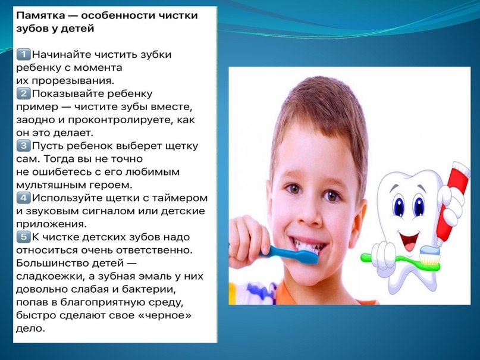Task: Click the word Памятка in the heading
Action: tap(40, 15)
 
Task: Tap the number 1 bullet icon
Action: tap(23, 55)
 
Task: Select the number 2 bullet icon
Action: tap(23, 93)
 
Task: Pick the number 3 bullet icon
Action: tap(23, 146)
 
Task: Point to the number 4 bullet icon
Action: tap(23, 198)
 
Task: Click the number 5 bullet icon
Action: tap(23, 237)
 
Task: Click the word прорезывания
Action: tap(73, 81)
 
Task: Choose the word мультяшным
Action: tap(51, 185)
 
